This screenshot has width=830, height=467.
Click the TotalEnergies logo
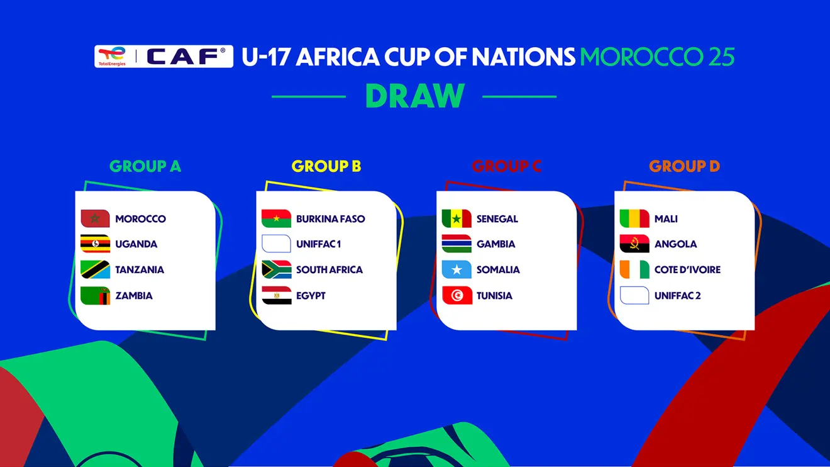(x=111, y=56)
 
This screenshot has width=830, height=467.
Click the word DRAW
(x=414, y=96)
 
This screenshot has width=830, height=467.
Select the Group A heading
(x=145, y=166)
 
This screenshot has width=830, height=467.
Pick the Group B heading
(x=326, y=166)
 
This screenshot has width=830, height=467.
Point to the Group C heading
(x=506, y=166)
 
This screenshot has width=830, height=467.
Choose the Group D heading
(x=684, y=166)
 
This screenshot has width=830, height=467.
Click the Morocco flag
(x=96, y=218)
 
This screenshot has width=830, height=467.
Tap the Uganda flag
(x=96, y=244)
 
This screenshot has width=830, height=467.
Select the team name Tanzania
(x=140, y=270)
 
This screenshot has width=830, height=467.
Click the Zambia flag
(x=96, y=295)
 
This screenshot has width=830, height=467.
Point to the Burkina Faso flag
(x=277, y=218)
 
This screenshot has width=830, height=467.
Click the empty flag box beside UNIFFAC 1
(x=277, y=244)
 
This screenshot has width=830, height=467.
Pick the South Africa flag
(x=277, y=269)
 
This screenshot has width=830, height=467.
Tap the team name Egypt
(x=311, y=296)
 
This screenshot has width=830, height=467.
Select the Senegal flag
(x=457, y=218)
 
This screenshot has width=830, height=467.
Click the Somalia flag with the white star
(x=457, y=269)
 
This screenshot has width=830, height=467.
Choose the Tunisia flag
(x=457, y=295)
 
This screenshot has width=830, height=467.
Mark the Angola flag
(x=634, y=244)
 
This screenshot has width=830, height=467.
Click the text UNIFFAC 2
(x=677, y=296)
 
